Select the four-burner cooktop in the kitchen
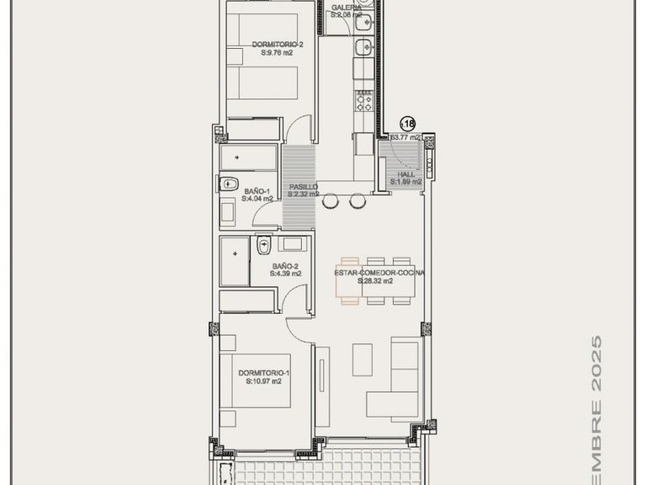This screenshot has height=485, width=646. (365, 101)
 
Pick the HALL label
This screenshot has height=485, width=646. (406, 173)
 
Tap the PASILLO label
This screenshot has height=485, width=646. (303, 186)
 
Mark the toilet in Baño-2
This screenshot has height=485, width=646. (263, 246)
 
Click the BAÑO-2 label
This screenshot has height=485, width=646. (285, 265)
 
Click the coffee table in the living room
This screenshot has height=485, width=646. (365, 360)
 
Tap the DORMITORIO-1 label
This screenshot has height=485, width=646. (263, 372)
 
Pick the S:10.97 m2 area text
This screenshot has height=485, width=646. (263, 381)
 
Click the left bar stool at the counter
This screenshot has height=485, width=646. (330, 200)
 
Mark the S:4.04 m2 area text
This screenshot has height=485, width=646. (257, 200)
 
